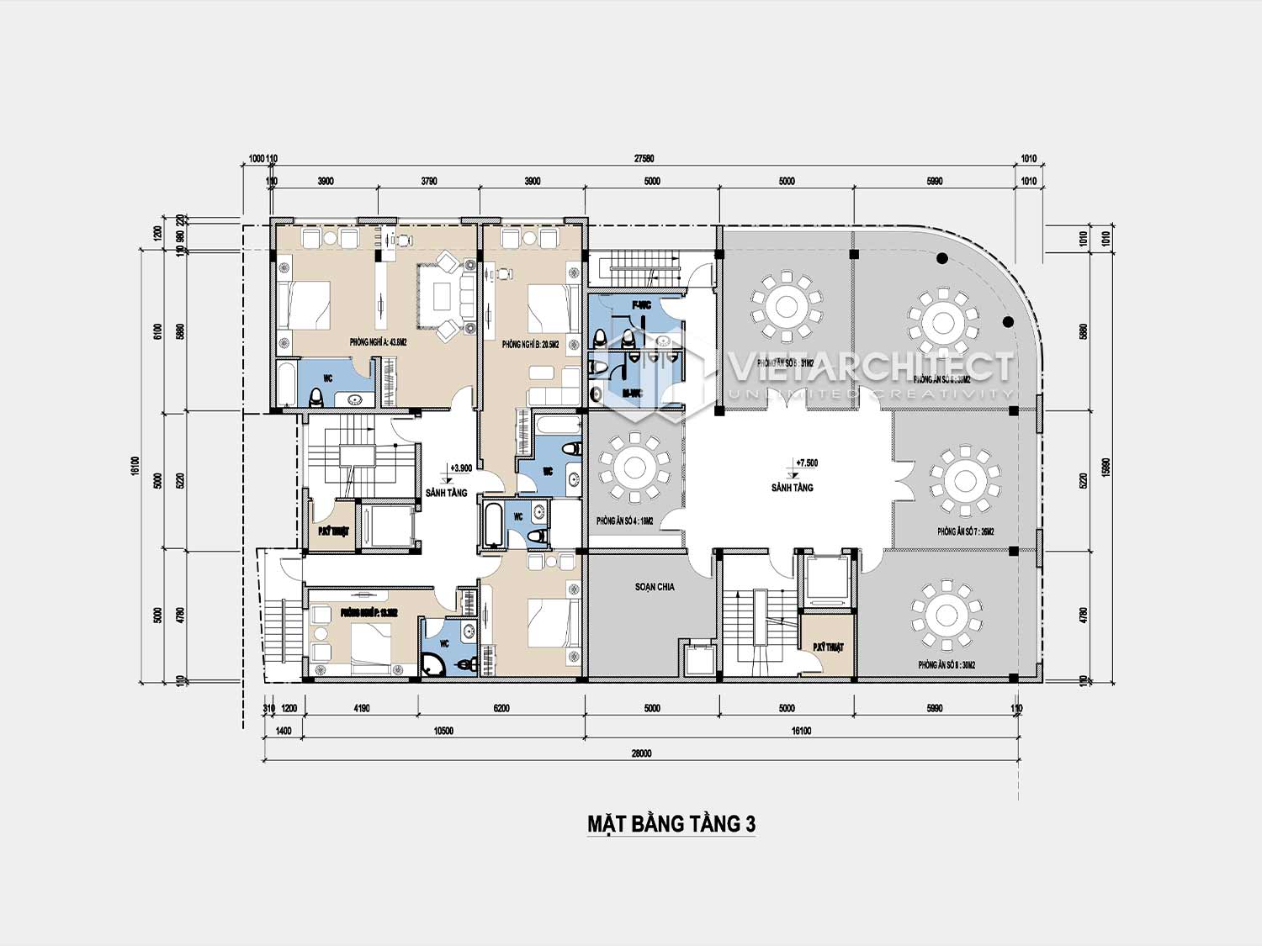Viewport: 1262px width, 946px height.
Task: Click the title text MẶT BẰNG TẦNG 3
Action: click(671, 823)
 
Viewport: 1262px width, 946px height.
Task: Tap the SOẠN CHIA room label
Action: click(654, 586)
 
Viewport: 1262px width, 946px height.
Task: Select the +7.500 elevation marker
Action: click(805, 463)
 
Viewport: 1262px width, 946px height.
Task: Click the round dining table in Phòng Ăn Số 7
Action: click(965, 481)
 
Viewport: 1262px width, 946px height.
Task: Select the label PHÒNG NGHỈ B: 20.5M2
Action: click(528, 345)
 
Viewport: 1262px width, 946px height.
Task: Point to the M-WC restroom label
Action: click(633, 393)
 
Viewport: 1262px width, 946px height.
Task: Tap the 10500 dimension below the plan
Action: click(443, 731)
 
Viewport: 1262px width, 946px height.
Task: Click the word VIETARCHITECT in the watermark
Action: click(871, 367)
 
